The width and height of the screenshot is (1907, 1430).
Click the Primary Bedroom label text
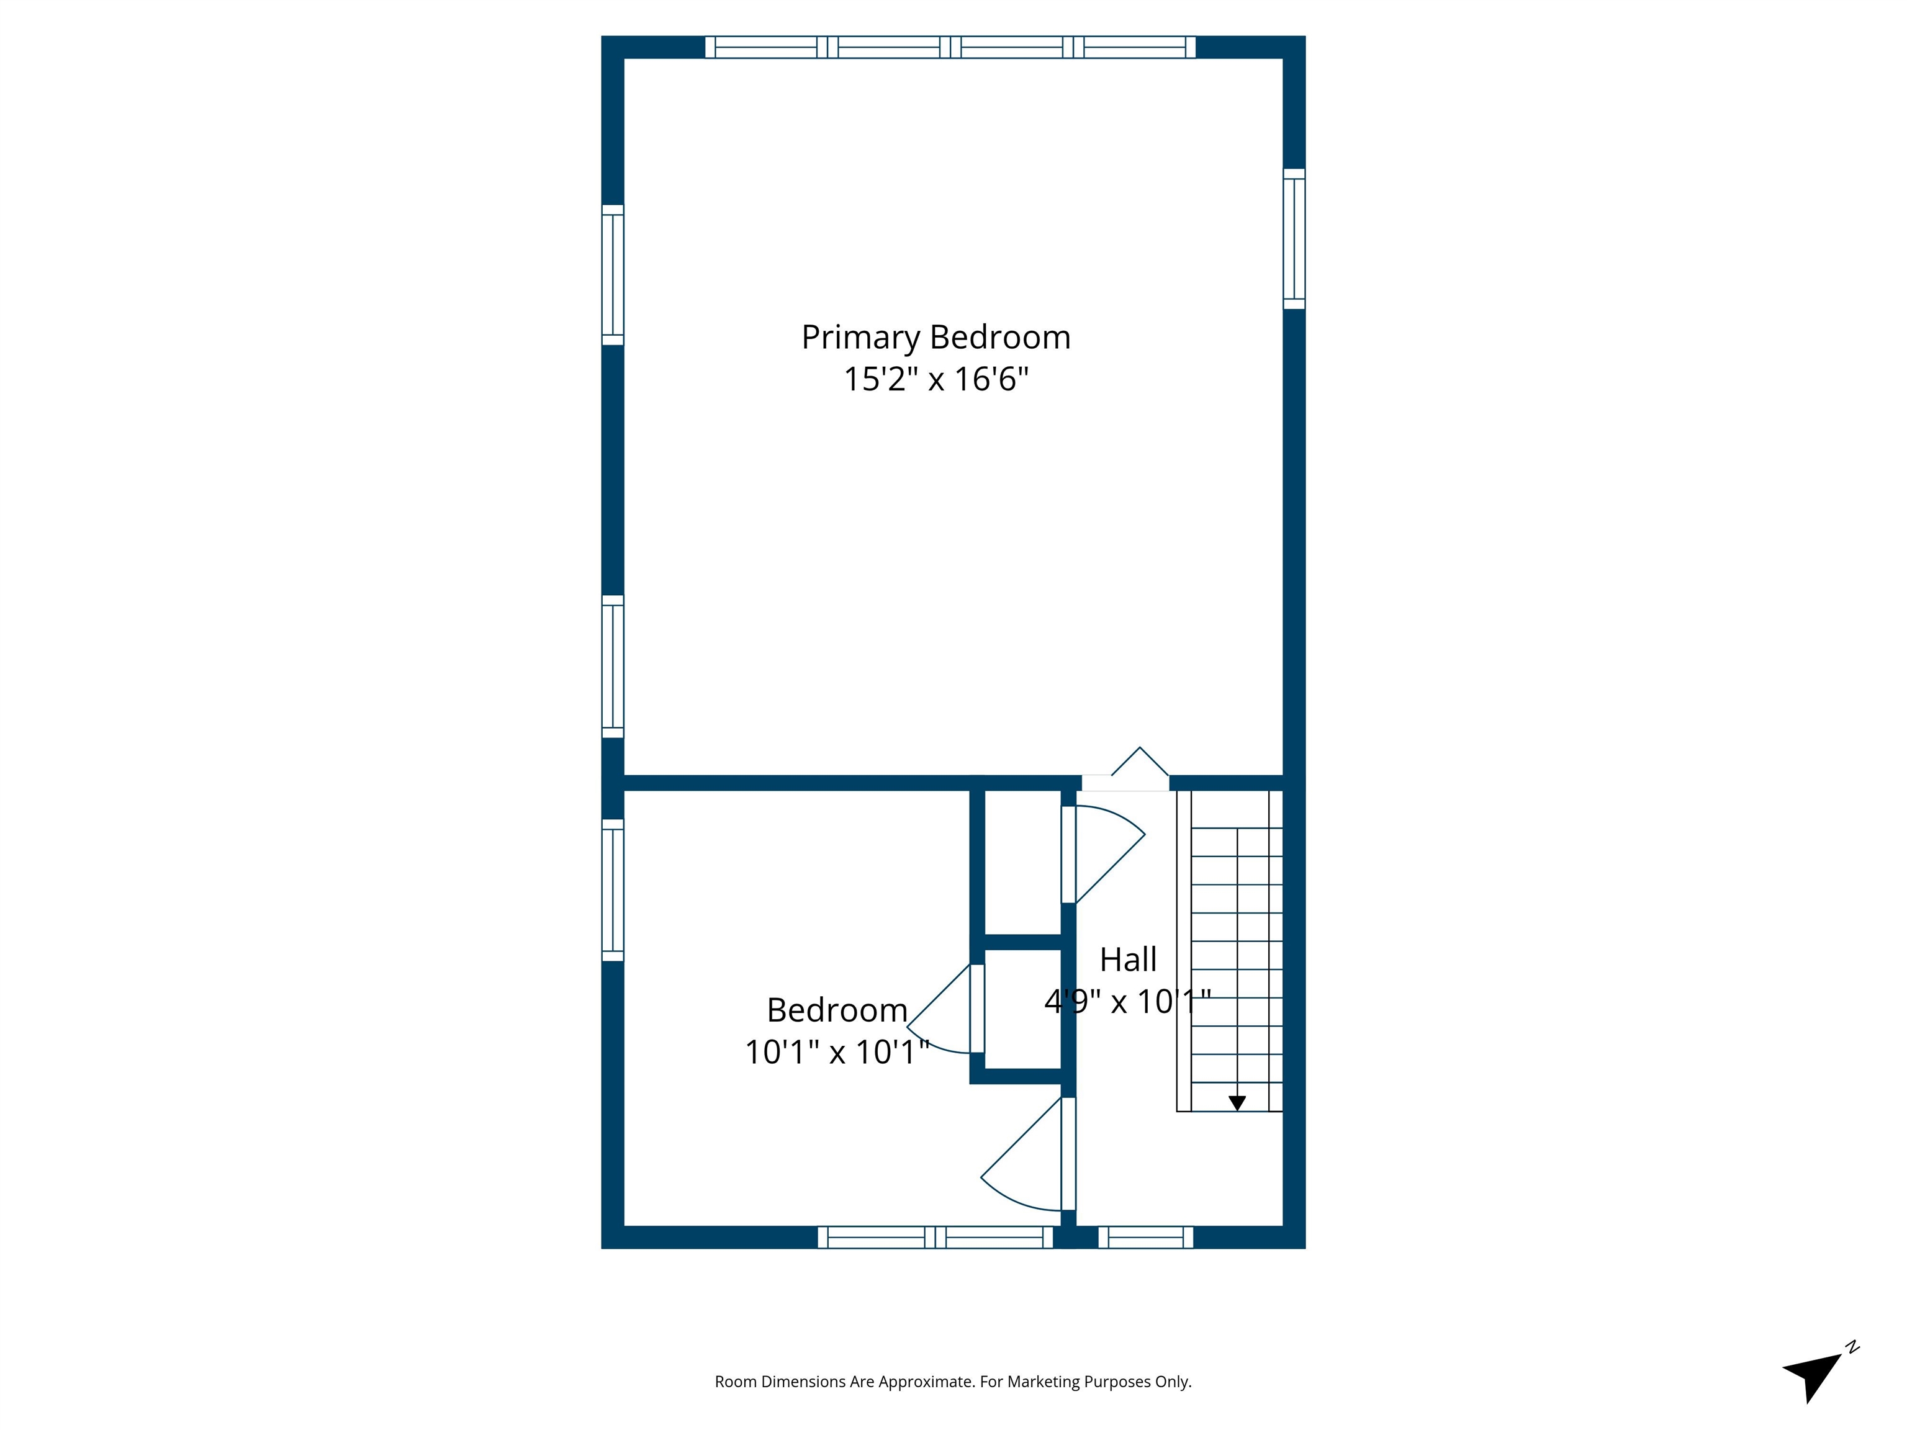click(x=935, y=337)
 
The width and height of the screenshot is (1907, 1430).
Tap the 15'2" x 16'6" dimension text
click(x=935, y=379)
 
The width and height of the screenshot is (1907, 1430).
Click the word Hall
click(x=1128, y=960)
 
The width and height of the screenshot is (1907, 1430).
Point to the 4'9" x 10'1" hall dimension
click(x=1128, y=1002)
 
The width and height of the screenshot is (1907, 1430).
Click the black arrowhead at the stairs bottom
click(x=1237, y=1102)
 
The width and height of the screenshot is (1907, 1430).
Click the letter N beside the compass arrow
click(x=1852, y=1347)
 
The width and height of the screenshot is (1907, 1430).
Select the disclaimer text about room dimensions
click(x=953, y=1382)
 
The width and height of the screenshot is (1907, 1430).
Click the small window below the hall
click(x=1146, y=1238)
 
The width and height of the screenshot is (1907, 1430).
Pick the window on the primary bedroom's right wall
click(x=1294, y=239)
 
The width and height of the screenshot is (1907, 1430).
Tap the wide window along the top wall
click(x=950, y=47)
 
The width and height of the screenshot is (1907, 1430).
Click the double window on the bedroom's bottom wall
click(x=935, y=1238)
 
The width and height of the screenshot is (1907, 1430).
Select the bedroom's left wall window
click(x=612, y=889)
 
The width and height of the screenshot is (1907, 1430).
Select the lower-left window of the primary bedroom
click(x=612, y=667)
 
